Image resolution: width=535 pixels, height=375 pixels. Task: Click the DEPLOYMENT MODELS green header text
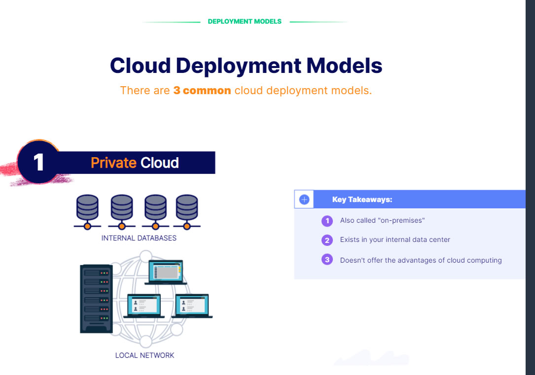click(245, 22)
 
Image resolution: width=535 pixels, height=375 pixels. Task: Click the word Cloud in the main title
click(140, 65)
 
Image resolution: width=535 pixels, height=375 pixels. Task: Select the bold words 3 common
click(202, 90)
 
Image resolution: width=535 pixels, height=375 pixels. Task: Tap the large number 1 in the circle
click(38, 162)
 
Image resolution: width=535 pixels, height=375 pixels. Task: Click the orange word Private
click(113, 163)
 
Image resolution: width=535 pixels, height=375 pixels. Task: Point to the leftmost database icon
click(87, 212)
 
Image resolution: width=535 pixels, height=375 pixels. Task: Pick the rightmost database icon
click(187, 212)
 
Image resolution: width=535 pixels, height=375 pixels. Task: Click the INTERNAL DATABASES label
click(139, 238)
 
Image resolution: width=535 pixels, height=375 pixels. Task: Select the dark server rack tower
click(96, 299)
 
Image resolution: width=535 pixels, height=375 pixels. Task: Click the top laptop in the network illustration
click(166, 272)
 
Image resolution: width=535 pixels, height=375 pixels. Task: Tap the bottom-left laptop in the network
click(144, 306)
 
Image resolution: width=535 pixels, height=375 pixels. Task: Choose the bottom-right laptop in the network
click(192, 306)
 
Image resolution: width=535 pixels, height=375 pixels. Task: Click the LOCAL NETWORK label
click(144, 355)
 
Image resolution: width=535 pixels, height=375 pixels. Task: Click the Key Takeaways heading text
click(362, 200)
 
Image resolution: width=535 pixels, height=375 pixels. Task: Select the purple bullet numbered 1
click(327, 221)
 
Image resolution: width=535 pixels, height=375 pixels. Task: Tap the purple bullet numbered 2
click(327, 240)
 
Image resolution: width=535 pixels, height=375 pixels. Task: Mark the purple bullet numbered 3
click(327, 259)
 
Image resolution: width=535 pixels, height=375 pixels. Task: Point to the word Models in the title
click(344, 65)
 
